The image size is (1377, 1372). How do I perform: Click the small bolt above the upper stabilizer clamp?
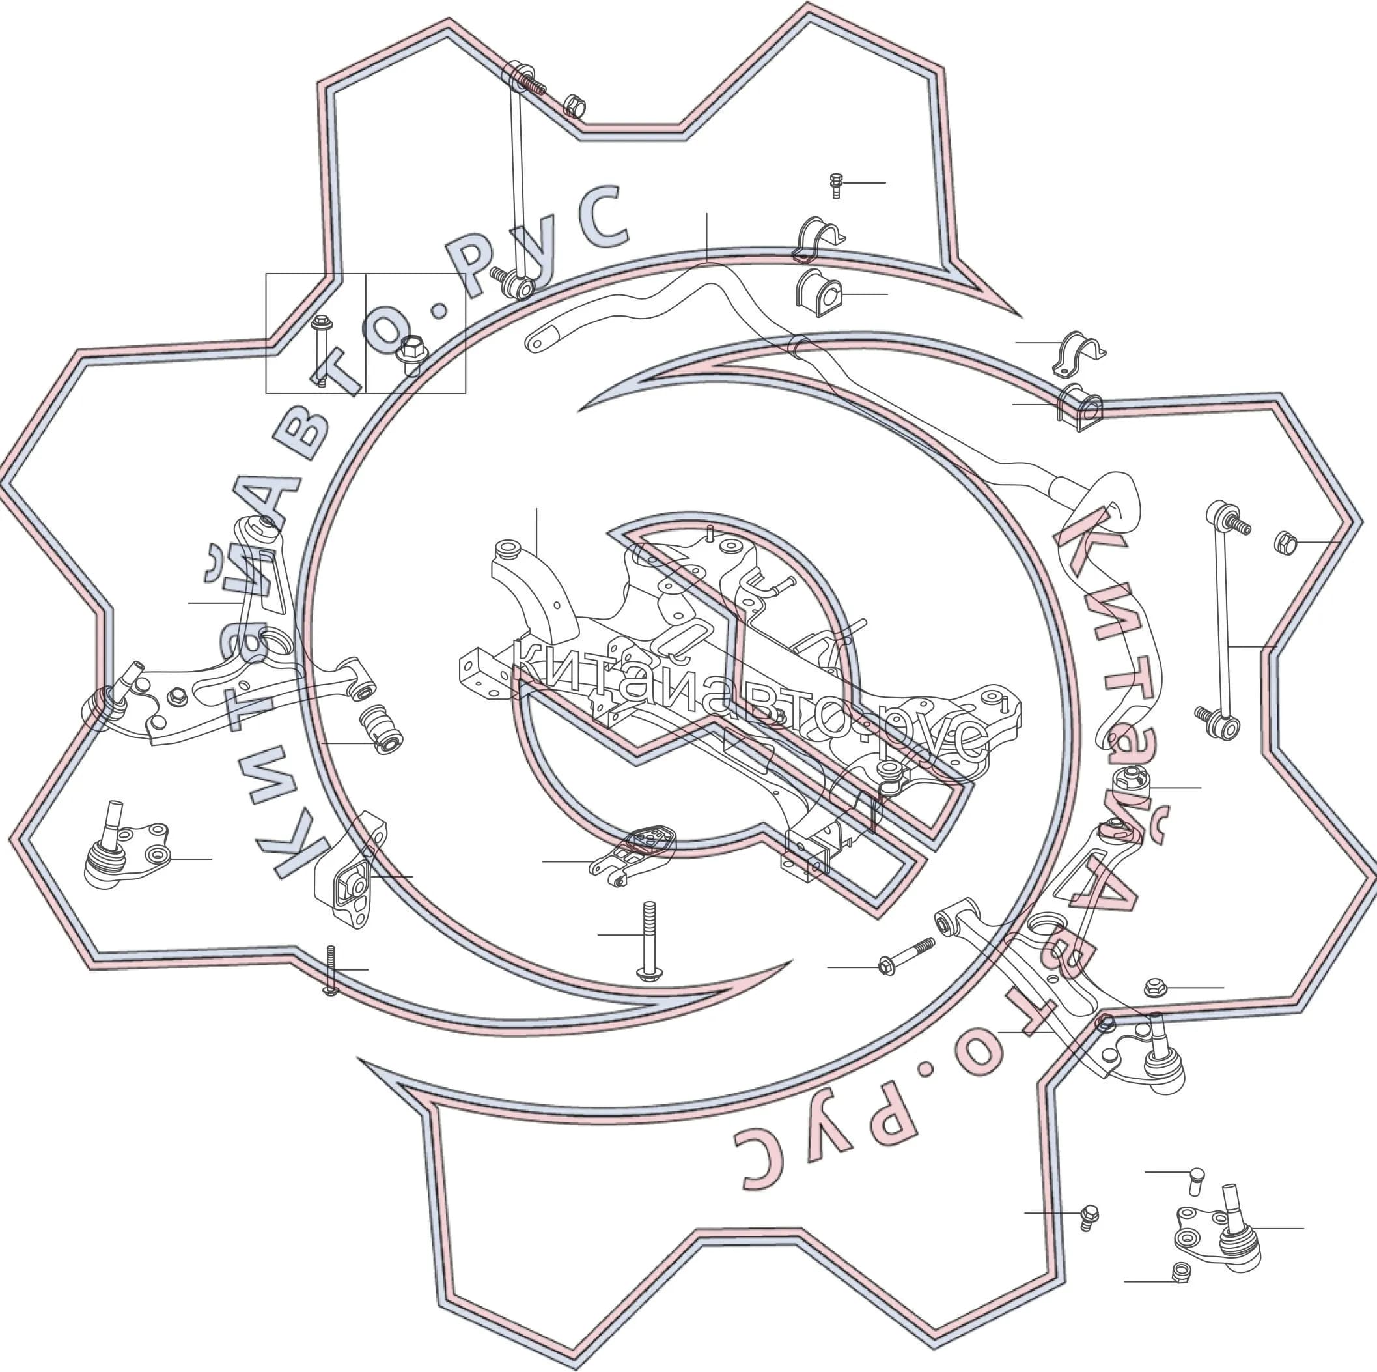836,186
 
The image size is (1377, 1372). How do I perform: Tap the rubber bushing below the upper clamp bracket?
819,294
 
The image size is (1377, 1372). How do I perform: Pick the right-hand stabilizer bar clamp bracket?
1078,354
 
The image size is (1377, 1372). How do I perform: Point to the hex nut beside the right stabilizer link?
1285,543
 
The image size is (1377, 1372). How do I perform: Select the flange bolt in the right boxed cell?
412,355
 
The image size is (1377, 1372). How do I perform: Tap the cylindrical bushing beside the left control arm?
383,729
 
